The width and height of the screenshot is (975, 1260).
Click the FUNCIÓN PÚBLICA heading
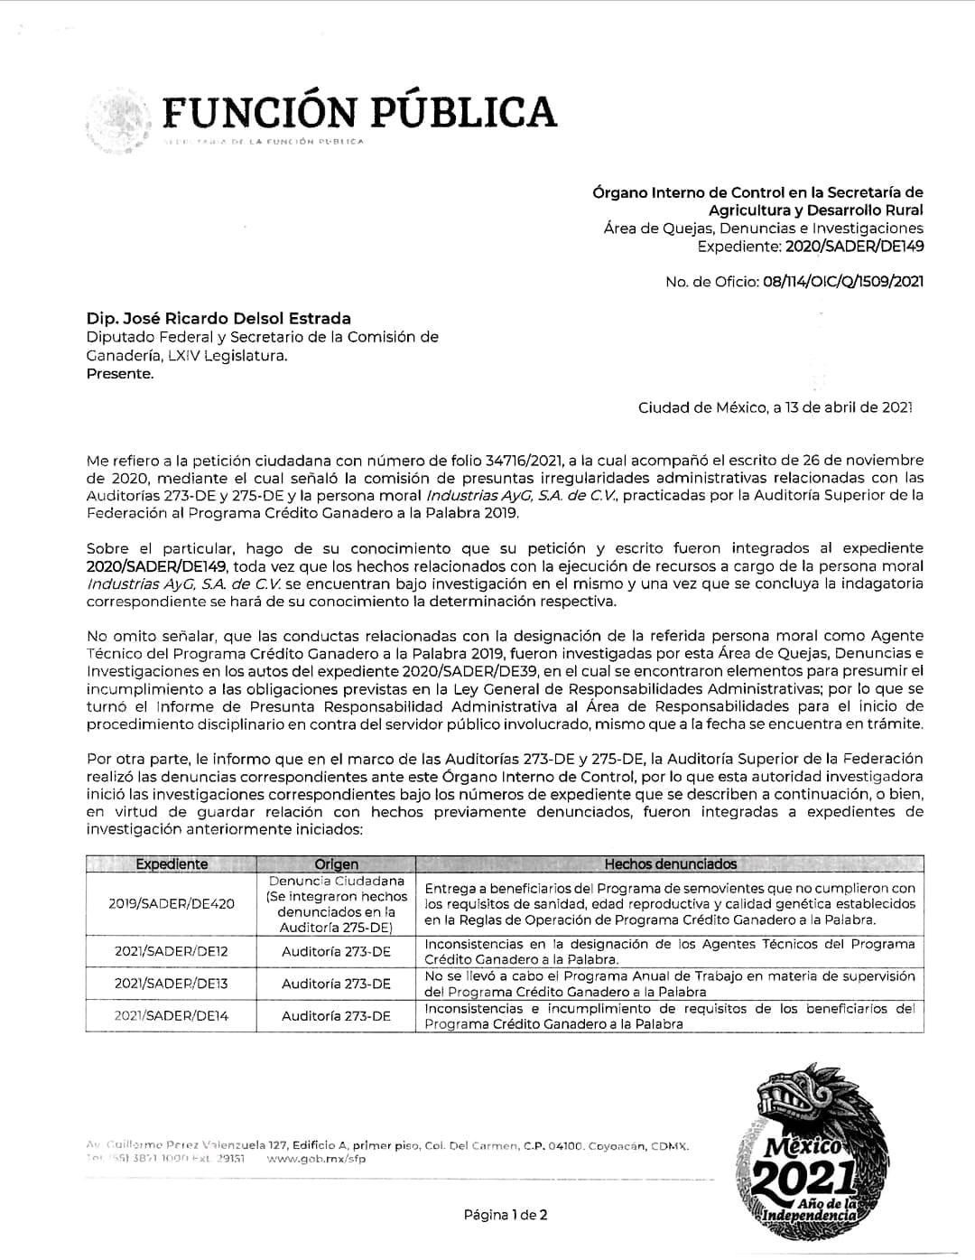click(359, 112)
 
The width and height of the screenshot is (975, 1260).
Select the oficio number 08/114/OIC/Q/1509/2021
click(842, 282)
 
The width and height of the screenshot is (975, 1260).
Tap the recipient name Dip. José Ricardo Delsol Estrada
click(218, 318)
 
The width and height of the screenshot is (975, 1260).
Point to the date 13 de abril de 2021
click(843, 407)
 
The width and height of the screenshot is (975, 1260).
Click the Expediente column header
click(172, 864)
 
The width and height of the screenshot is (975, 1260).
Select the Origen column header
click(336, 864)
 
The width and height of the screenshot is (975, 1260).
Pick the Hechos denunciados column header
click(670, 864)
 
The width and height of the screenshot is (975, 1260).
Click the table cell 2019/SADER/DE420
click(172, 903)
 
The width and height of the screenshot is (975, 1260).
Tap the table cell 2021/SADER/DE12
click(172, 951)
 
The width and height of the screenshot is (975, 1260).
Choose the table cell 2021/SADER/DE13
click(172, 984)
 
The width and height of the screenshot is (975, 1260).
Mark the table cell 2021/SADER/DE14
click(172, 1016)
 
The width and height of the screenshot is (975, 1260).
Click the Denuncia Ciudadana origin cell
click(336, 903)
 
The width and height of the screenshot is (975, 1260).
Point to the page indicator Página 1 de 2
click(506, 1215)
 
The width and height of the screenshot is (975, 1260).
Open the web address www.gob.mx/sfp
click(317, 1160)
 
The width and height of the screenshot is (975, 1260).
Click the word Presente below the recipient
click(120, 374)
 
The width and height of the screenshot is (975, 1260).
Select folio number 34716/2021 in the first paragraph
click(516, 461)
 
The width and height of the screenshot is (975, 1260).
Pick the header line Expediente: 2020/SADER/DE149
click(811, 247)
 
